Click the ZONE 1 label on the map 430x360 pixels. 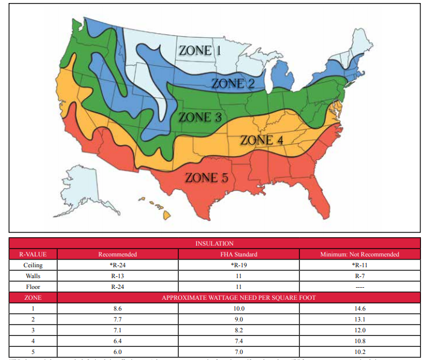pyautogui.click(x=200, y=51)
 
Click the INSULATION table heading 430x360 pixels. pyautogui.click(x=214, y=243)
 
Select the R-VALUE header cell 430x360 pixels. pyautogui.click(x=33, y=254)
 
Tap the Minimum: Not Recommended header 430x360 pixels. pyautogui.click(x=360, y=254)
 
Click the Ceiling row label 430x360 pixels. pyautogui.click(x=33, y=265)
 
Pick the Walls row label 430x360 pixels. pyautogui.click(x=33, y=276)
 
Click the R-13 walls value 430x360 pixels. pyautogui.click(x=118, y=276)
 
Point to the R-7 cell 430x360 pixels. pyautogui.click(x=360, y=276)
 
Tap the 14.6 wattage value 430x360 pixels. pyautogui.click(x=360, y=308)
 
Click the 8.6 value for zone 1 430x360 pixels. pyautogui.click(x=118, y=308)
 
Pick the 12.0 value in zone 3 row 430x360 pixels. pyautogui.click(x=360, y=330)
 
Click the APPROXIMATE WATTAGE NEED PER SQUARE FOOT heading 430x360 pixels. pyautogui.click(x=240, y=297)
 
